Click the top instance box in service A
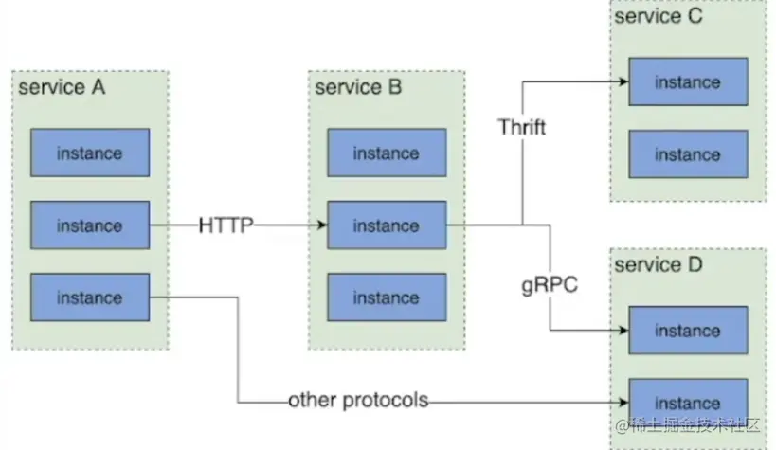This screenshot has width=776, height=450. point(89,153)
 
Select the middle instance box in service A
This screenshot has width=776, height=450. point(89,225)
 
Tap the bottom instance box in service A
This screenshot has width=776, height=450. point(89,297)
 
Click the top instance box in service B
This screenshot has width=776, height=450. point(386,153)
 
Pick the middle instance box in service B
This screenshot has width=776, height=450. point(386,225)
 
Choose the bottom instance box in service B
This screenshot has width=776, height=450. point(386,297)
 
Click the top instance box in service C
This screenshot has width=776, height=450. point(687,82)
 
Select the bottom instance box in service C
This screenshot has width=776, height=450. point(687,154)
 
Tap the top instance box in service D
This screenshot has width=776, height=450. point(687,331)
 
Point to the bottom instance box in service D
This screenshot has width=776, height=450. point(687,403)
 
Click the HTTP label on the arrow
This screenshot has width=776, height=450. point(226,225)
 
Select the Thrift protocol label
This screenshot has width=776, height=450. point(522,127)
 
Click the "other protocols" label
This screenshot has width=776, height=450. point(358,400)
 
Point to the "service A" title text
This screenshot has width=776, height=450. point(62,88)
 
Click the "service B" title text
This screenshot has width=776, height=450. point(358,88)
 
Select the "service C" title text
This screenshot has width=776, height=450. point(659,17)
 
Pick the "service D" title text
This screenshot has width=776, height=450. point(659,264)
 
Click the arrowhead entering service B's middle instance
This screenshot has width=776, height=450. point(322,225)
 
